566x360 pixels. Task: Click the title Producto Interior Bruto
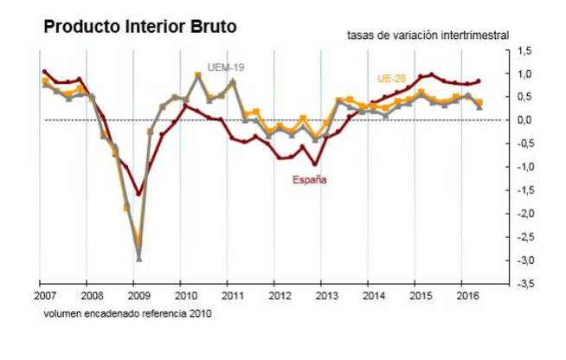click(x=140, y=27)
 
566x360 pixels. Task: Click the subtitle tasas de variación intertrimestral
click(x=428, y=35)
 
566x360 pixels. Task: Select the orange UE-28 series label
click(x=392, y=79)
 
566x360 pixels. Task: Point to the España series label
click(x=307, y=180)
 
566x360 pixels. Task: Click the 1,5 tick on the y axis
click(x=526, y=51)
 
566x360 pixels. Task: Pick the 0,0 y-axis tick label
click(x=526, y=120)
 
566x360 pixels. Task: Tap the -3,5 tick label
click(x=525, y=283)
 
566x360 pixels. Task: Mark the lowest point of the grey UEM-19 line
click(x=138, y=258)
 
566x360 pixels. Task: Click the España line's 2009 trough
click(x=138, y=194)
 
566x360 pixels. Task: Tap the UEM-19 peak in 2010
click(x=198, y=75)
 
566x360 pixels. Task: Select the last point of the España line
click(x=479, y=80)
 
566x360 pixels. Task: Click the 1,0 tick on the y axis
click(x=526, y=74)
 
